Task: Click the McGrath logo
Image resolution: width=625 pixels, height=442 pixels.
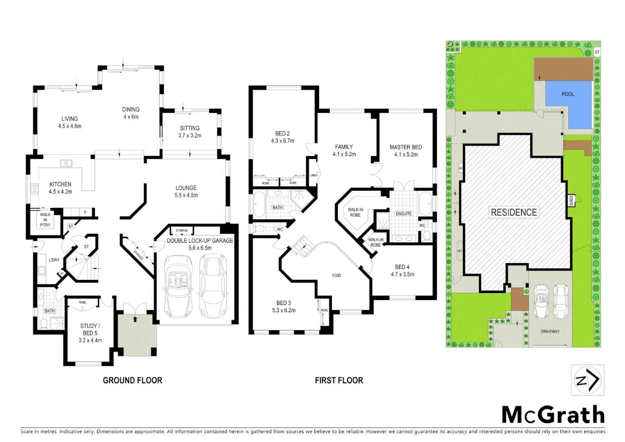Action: (x=553, y=415)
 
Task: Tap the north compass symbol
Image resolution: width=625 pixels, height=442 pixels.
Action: (x=587, y=380)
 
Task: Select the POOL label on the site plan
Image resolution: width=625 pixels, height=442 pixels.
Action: (x=567, y=94)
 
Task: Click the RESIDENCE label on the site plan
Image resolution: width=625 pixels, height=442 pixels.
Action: (x=514, y=212)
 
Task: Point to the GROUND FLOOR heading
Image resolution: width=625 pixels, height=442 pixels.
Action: (x=133, y=381)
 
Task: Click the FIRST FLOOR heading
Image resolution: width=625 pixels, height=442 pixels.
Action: (x=339, y=381)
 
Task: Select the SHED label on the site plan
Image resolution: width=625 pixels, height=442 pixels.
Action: (x=571, y=201)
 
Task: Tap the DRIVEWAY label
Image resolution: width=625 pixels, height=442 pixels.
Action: (x=550, y=331)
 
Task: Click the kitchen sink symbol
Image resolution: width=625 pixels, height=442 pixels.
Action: (x=66, y=163)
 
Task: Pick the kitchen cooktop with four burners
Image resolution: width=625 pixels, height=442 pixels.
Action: (x=35, y=189)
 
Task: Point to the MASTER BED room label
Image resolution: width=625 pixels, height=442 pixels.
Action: (x=405, y=147)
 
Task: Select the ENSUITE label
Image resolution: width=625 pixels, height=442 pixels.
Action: (x=403, y=214)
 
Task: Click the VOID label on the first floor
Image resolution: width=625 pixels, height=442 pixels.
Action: (x=336, y=275)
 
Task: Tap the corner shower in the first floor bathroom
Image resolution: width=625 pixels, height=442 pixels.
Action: (x=301, y=197)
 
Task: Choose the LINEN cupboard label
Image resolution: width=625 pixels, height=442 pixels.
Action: (x=314, y=175)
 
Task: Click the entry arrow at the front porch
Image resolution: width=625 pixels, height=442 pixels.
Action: (x=135, y=319)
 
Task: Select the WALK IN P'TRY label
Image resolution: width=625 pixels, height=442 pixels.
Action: (x=45, y=220)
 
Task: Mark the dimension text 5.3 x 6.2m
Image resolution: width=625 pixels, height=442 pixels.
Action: (x=283, y=311)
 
